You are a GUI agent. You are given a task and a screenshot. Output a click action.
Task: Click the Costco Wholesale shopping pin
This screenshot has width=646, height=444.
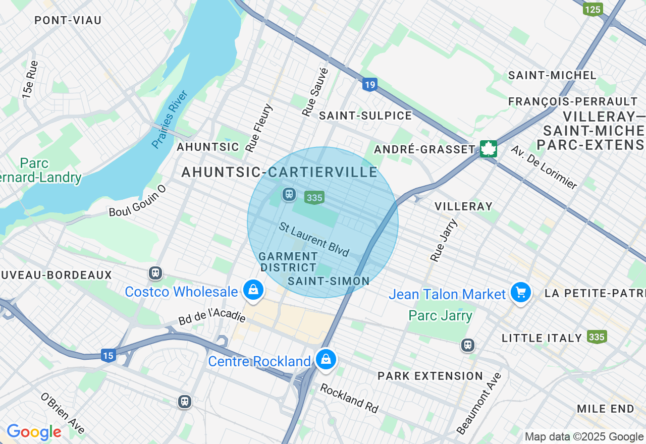click(253, 290)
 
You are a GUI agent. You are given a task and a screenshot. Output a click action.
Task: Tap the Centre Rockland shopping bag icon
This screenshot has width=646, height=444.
click(326, 360)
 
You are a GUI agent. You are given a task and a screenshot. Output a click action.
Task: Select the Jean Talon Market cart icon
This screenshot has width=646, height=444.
click(520, 293)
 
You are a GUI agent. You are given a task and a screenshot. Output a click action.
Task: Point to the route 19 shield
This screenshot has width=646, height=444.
click(369, 84)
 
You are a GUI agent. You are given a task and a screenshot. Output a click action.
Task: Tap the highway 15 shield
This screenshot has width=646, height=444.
click(108, 355)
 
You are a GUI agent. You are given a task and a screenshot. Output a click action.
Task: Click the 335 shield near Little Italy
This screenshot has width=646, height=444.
click(597, 337)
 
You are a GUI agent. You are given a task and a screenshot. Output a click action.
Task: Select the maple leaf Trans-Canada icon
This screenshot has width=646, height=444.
click(488, 149)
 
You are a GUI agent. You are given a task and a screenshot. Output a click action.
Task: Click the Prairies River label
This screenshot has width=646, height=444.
click(170, 120)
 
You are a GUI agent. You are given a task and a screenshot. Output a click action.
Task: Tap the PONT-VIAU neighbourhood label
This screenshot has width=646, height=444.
click(68, 21)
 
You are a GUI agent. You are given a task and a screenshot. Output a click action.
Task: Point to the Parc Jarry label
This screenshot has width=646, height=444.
click(440, 316)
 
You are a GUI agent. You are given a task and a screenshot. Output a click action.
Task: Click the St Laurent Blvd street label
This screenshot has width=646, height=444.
click(314, 239)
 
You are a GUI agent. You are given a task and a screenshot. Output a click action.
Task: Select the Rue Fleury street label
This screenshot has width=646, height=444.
click(259, 128)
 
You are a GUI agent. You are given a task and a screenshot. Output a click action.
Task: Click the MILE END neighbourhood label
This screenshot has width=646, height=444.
click(606, 409)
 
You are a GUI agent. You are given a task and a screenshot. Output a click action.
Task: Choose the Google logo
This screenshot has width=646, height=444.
click(34, 432)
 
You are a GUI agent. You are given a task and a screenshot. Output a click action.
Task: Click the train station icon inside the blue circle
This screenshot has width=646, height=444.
click(289, 194)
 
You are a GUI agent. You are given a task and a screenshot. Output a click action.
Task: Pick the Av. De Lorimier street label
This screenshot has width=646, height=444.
click(544, 168)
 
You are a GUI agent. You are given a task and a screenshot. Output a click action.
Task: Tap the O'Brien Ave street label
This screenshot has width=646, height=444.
click(63, 413)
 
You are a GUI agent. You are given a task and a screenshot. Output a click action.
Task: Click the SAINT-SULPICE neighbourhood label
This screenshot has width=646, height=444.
click(365, 116)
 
